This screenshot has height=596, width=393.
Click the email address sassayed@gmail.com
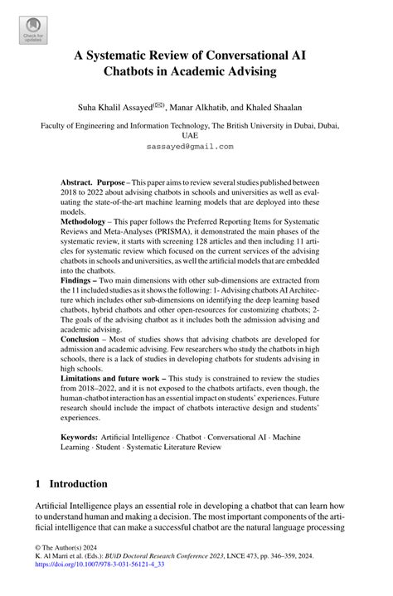coord(196,145)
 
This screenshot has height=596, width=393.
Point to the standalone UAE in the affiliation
coord(196,135)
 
